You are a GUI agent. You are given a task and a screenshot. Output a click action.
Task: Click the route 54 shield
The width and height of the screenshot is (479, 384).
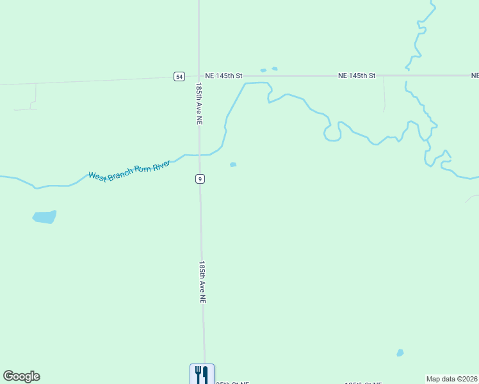pos(179,76)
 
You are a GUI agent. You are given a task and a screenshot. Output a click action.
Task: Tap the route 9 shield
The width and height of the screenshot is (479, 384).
pos(200,179)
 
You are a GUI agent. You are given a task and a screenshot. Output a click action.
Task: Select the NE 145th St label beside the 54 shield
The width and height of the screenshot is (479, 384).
pos(220,76)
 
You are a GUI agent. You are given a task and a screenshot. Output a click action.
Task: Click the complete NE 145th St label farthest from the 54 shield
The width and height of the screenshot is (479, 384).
pos(357,76)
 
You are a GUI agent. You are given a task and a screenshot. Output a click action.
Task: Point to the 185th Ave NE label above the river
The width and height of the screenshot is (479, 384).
pos(200,103)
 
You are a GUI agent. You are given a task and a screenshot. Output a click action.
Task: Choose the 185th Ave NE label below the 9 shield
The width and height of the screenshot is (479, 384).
pos(202,282)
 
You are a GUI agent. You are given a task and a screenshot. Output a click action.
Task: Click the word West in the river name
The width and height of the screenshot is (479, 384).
pos(97,176)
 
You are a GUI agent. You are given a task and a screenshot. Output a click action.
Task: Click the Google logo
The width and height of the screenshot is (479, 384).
pos(21,376)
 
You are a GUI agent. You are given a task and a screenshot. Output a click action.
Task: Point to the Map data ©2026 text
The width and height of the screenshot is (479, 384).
pos(451,379)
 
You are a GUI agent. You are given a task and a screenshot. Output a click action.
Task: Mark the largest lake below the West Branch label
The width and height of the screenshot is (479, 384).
pos(45,217)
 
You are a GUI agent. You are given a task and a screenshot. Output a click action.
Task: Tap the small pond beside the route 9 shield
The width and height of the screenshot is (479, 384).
pos(233,164)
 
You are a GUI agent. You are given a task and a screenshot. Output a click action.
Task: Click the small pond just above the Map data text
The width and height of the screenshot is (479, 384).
pos(400,353)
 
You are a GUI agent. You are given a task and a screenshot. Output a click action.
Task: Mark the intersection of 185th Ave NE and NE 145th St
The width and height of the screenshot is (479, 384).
pos(199,76)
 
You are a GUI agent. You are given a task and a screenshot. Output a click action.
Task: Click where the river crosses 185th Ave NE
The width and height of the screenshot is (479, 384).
pos(200,155)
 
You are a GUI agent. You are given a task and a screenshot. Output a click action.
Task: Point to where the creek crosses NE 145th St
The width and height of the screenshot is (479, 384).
pos(406,76)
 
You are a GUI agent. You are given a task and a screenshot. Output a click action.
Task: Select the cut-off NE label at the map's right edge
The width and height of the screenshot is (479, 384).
pos(475,76)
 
